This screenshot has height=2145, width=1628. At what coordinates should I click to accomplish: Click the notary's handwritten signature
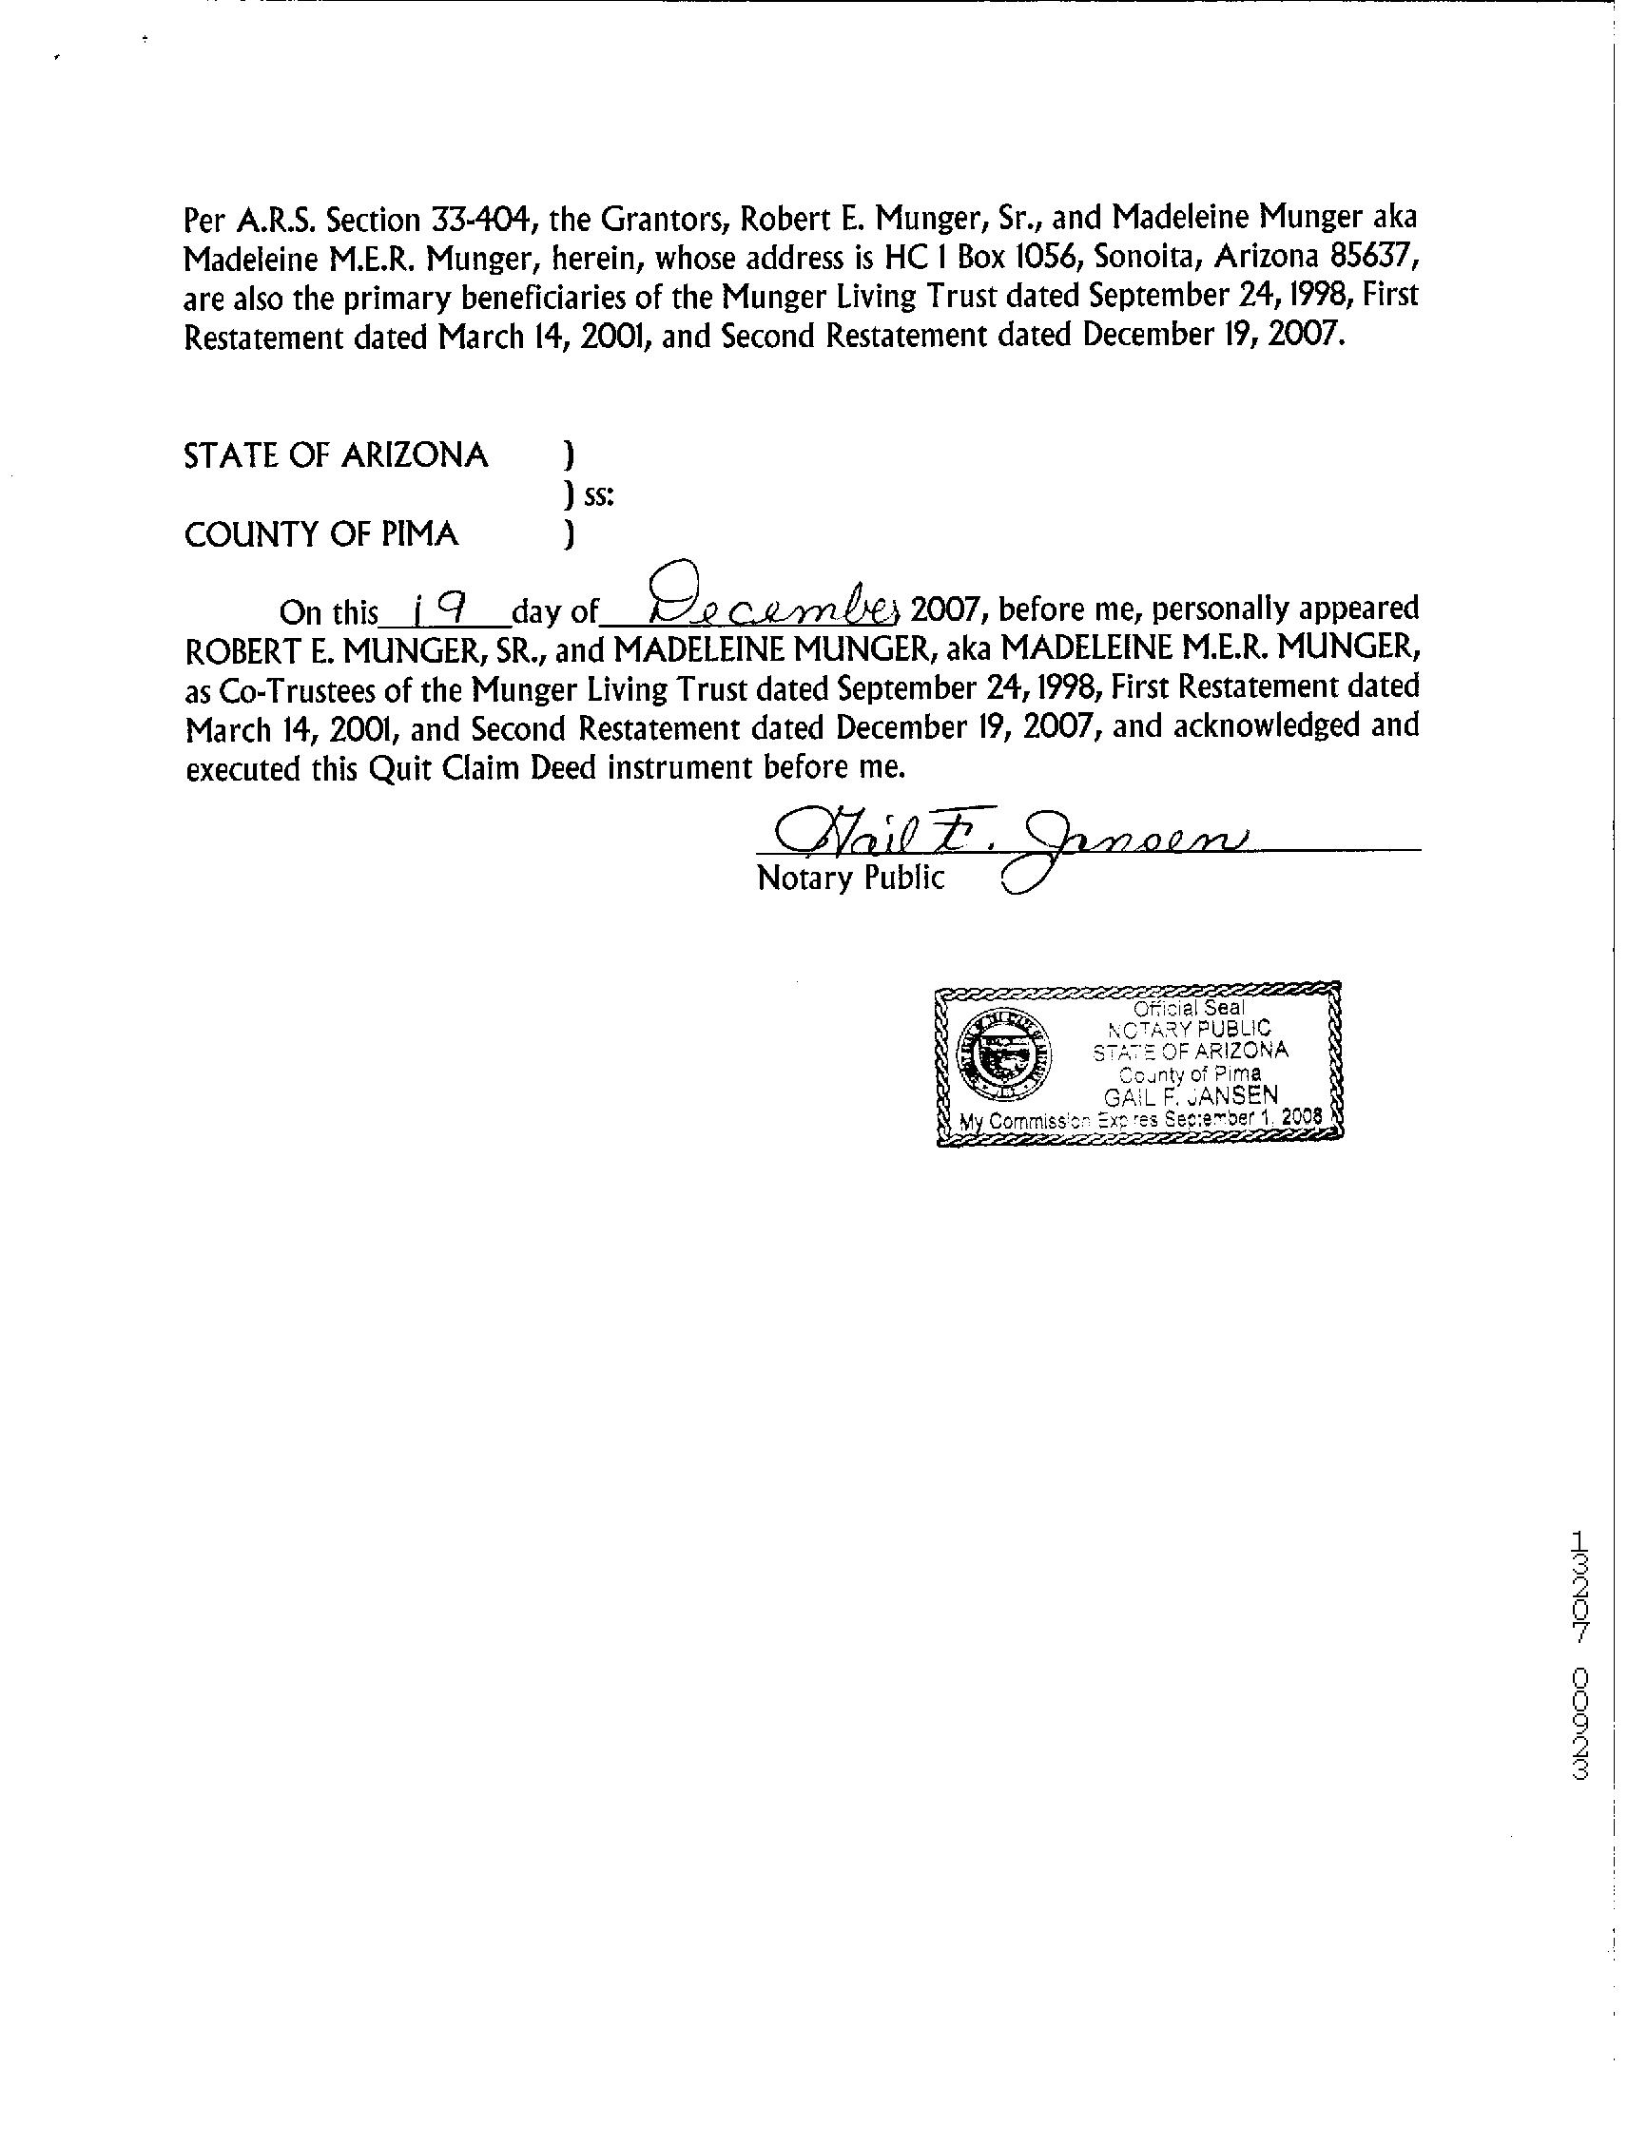point(1008,832)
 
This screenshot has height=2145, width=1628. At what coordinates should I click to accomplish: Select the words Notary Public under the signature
point(849,878)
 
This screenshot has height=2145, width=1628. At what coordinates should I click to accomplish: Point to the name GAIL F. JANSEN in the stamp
point(1191,1094)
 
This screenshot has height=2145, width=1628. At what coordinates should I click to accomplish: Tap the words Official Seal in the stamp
point(1189,1008)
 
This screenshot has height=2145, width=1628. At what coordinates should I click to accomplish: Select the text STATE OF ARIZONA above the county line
point(336,454)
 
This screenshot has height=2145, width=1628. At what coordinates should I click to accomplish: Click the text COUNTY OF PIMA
point(321,534)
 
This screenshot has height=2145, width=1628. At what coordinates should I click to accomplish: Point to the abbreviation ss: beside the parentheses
point(599,496)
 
